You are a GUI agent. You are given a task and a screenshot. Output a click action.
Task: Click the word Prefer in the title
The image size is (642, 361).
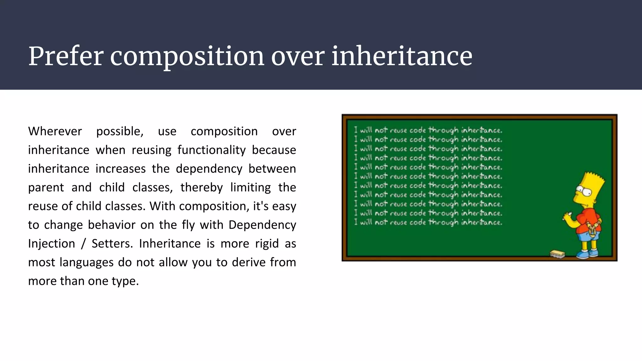[x=66, y=56]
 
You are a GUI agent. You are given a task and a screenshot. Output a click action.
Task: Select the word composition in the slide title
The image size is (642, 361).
[x=187, y=57]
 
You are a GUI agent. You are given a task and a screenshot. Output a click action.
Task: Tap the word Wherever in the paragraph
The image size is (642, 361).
[x=55, y=131]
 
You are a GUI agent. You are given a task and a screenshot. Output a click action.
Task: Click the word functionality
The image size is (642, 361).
[x=212, y=150]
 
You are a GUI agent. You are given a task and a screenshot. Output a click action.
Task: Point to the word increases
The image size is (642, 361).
[x=121, y=169]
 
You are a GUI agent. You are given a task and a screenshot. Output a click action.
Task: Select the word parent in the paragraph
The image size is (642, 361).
[x=46, y=188]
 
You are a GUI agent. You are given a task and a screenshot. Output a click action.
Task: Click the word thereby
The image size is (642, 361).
[x=202, y=187]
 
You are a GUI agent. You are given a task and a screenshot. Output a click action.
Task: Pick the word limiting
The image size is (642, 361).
[x=250, y=187]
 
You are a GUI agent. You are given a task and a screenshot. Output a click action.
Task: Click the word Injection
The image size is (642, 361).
[x=52, y=243]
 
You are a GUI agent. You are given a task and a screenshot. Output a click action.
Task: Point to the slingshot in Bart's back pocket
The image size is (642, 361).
[x=592, y=229]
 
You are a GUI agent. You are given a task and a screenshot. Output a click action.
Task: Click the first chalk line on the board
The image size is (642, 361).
[x=428, y=130]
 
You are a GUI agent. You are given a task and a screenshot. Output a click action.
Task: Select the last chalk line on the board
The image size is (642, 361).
[x=428, y=222]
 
